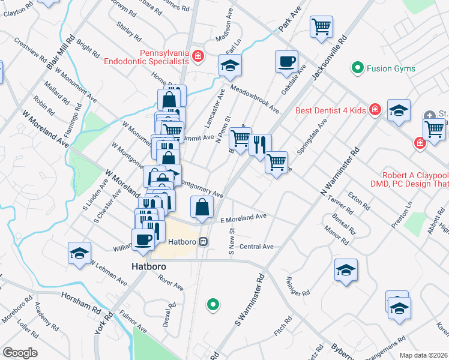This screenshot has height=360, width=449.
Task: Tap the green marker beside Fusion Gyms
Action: (x=358, y=68)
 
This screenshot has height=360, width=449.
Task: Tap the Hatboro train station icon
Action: (x=203, y=242)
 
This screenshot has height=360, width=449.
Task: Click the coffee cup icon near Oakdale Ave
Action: (x=286, y=61)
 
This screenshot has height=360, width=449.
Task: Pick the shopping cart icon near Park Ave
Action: (x=321, y=26)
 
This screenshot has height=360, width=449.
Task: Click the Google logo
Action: (x=20, y=353)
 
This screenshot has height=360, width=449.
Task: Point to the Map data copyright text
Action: (x=423, y=355)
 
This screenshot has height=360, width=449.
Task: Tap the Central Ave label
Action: (x=256, y=247)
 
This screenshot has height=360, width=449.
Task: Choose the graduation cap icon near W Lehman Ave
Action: (x=79, y=253)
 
